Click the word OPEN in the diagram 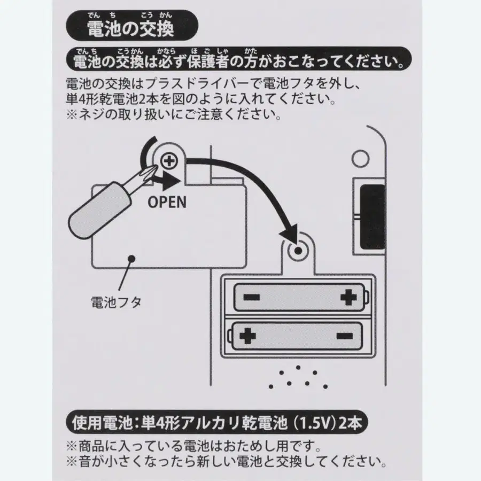(x=167, y=202)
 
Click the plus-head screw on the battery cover (x=169, y=159)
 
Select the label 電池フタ (x=116, y=302)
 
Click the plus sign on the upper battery (x=348, y=296)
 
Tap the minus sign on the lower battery (x=344, y=336)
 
